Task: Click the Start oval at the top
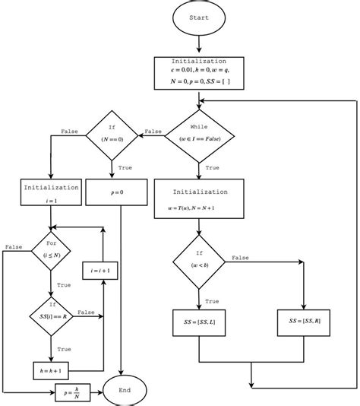(199, 19)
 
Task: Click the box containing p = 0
(122, 193)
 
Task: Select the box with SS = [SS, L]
(199, 321)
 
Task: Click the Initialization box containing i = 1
(50, 192)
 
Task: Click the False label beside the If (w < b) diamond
(240, 258)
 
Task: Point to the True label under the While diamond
(212, 167)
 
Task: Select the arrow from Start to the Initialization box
(199, 46)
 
